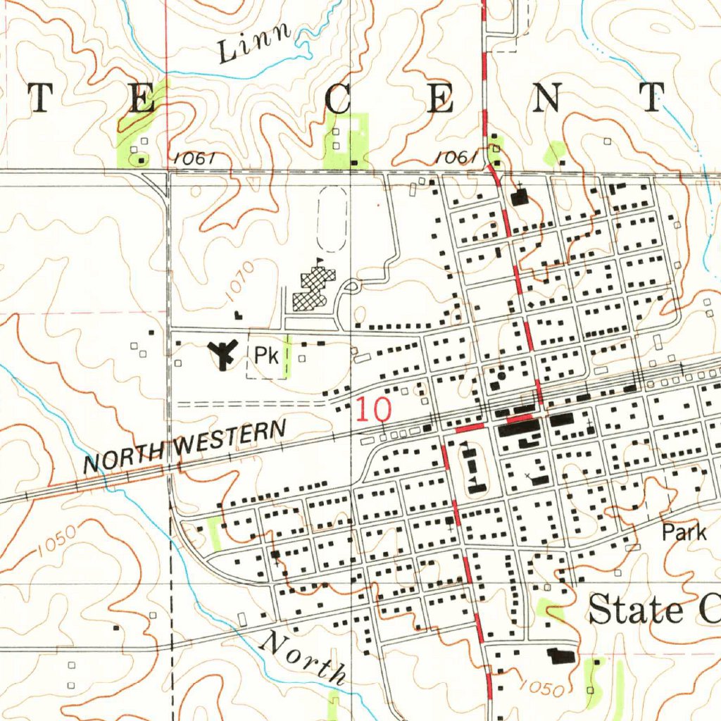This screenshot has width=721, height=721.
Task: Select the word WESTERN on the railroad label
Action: (232, 439)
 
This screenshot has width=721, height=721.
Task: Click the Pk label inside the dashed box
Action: (266, 356)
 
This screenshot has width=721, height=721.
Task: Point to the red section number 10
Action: (372, 409)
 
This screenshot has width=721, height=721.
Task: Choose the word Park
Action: (684, 532)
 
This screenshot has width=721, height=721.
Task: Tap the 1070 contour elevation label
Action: (237, 283)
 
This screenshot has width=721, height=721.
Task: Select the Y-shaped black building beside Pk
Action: (223, 353)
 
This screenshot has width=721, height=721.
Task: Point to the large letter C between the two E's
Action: (339, 99)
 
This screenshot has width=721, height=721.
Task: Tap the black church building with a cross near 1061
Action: (520, 198)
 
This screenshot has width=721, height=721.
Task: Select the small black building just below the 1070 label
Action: (237, 314)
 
